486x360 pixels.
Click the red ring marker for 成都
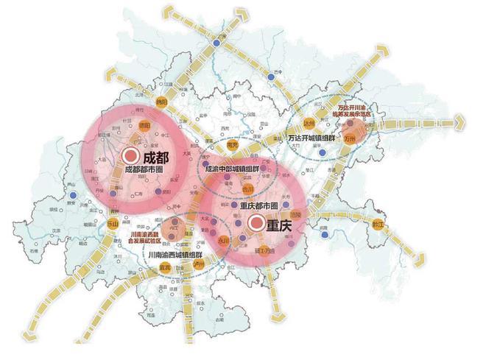point(131,155)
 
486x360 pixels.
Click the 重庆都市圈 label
point(256,208)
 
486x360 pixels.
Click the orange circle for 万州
point(358,136)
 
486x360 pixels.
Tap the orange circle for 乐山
point(113,224)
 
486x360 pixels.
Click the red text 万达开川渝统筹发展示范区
point(355,111)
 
